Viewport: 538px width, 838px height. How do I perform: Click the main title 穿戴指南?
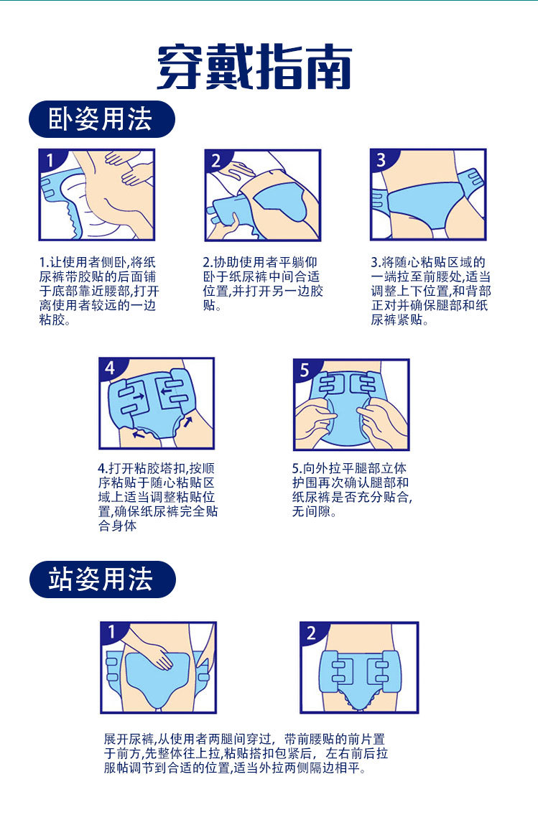click(254, 66)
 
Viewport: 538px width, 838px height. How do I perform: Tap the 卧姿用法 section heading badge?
click(101, 119)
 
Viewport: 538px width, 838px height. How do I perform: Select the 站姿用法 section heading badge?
click(102, 579)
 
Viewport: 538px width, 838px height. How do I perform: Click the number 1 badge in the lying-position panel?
click(50, 159)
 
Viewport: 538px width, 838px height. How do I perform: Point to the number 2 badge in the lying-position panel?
click(215, 159)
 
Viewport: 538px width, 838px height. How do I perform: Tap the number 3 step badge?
click(381, 159)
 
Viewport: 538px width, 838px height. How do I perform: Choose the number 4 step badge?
click(110, 368)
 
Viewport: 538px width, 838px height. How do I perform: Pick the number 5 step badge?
click(305, 369)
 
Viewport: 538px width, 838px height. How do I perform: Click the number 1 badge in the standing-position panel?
click(111, 632)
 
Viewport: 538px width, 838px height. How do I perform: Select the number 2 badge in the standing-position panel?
click(311, 633)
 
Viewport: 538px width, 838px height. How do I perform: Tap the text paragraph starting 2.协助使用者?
click(263, 283)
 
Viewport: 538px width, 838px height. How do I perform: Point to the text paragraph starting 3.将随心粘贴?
click(431, 291)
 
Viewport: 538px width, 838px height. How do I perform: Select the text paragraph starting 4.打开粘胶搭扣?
click(158, 497)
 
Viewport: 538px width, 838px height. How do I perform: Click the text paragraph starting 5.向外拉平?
click(353, 490)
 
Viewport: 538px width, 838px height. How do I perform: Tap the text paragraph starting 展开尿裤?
click(246, 753)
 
